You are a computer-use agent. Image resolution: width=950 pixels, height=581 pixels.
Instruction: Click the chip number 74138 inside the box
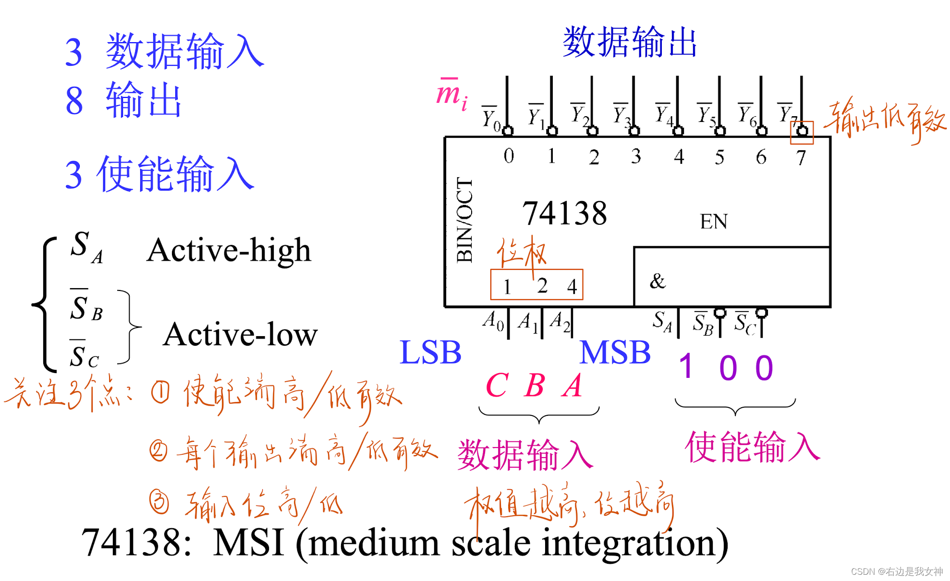coord(564,213)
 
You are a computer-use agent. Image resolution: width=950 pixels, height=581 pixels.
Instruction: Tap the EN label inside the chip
coord(713,222)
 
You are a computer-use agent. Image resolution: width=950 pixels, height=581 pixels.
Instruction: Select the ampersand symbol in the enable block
coord(658,281)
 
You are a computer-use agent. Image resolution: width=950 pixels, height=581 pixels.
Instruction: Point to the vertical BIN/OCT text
coord(464,220)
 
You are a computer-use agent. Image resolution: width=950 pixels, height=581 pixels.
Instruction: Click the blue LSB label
coord(430,352)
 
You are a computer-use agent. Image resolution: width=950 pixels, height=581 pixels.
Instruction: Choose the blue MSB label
coord(615,352)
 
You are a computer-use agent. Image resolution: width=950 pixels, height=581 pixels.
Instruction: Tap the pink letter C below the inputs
coord(497,386)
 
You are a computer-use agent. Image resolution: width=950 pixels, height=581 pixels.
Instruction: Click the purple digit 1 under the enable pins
coord(686,367)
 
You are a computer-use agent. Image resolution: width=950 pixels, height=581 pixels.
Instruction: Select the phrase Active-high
coord(229,250)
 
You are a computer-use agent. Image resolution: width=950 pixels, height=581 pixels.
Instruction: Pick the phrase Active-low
coord(240,335)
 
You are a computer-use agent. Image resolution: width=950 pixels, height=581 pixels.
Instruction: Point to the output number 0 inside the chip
coord(509,156)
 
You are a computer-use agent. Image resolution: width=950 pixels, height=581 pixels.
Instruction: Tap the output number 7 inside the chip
coord(801,157)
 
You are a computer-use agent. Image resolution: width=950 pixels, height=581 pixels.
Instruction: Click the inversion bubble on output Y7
coord(802,131)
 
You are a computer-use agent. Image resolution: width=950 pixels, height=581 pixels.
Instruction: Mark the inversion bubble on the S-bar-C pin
coord(761,313)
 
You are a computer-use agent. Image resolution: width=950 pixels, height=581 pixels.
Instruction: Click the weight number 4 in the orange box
coord(572,287)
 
